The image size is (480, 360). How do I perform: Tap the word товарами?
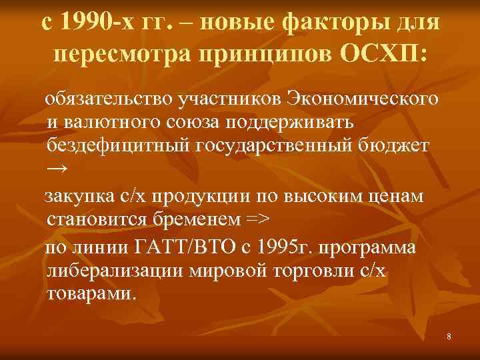pyautogui.click(x=91, y=293)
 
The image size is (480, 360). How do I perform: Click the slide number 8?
pyautogui.click(x=449, y=337)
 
